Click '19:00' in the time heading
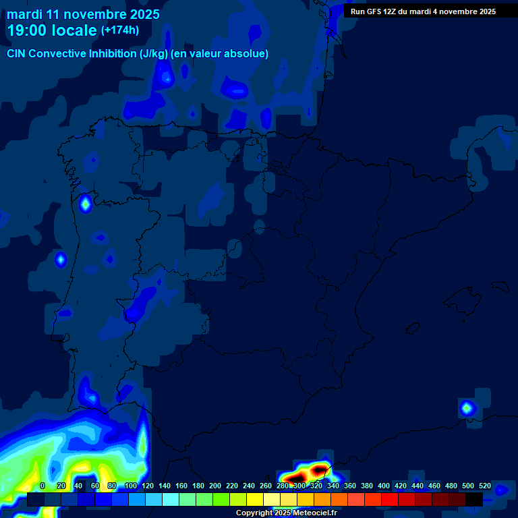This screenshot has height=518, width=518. pyautogui.click(x=27, y=30)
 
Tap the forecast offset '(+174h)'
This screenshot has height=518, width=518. pyautogui.click(x=121, y=30)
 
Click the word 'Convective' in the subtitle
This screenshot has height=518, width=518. pyautogui.click(x=58, y=54)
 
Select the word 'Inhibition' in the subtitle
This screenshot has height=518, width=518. pyautogui.click(x=113, y=54)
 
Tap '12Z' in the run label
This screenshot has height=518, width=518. pyautogui.click(x=394, y=11)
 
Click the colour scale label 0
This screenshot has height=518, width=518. pyautogui.click(x=42, y=486)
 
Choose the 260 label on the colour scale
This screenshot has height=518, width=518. pyautogui.click(x=266, y=486)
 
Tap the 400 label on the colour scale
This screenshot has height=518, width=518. pyautogui.click(x=384, y=486)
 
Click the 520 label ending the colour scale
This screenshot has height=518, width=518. pyautogui.click(x=485, y=486)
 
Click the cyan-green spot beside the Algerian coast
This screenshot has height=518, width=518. pyautogui.click(x=467, y=407)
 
